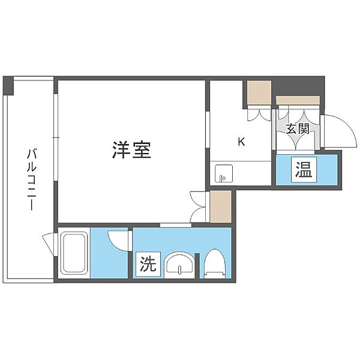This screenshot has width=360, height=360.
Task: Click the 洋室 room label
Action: (x=131, y=150)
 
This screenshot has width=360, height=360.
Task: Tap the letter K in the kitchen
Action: (x=241, y=142)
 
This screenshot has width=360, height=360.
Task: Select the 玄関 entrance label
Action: (x=298, y=128)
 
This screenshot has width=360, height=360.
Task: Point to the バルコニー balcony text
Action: (x=32, y=180)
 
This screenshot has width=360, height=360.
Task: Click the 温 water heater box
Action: (x=304, y=170)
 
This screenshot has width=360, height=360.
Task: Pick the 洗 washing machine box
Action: (x=148, y=264)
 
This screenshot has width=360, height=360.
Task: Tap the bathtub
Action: (x=74, y=253)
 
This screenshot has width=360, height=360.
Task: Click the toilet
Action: (x=214, y=263)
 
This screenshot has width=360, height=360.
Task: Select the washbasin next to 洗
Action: (x=179, y=265)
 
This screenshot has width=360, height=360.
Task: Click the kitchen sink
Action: (x=224, y=173)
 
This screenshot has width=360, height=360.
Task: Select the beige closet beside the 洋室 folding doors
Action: (x=221, y=206)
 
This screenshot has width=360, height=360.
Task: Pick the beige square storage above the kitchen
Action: (x=259, y=92)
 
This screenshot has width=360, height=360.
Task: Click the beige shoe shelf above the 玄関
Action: (x=298, y=100)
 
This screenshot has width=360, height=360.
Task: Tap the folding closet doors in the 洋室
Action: (x=197, y=206)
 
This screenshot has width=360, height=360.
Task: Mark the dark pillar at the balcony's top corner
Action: (x=8, y=85)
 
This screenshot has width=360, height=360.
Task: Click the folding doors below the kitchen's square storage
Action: (x=259, y=113)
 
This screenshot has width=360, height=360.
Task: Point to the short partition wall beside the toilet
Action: (x=197, y=266)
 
